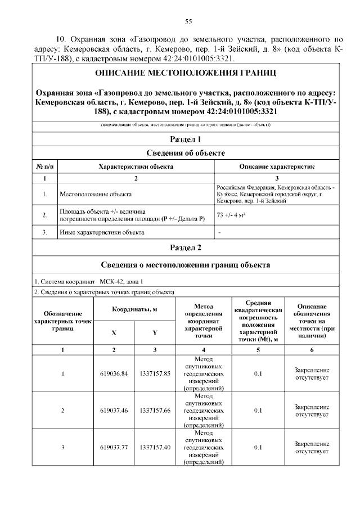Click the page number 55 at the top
[189, 21]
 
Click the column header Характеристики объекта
[136, 167]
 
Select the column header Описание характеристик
[277, 167]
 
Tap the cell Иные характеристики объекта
[102, 232]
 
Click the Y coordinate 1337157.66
[155, 410]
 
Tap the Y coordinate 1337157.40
[155, 447]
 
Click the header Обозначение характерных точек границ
[62, 321]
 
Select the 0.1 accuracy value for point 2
[258, 410]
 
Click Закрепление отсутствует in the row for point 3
[312, 447]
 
